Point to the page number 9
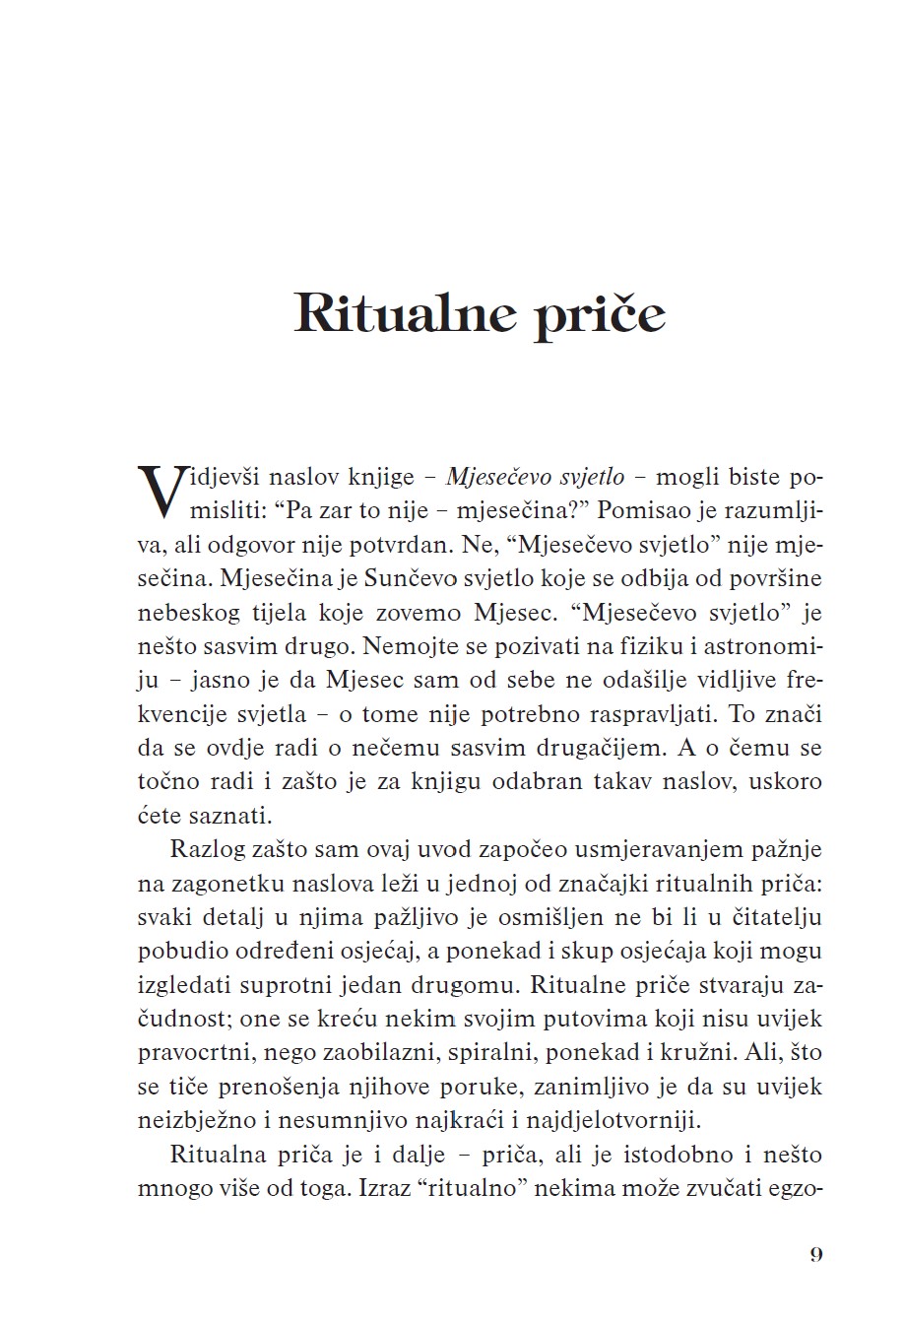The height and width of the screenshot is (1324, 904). tap(815, 1254)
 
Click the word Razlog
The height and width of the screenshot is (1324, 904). tap(203, 849)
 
